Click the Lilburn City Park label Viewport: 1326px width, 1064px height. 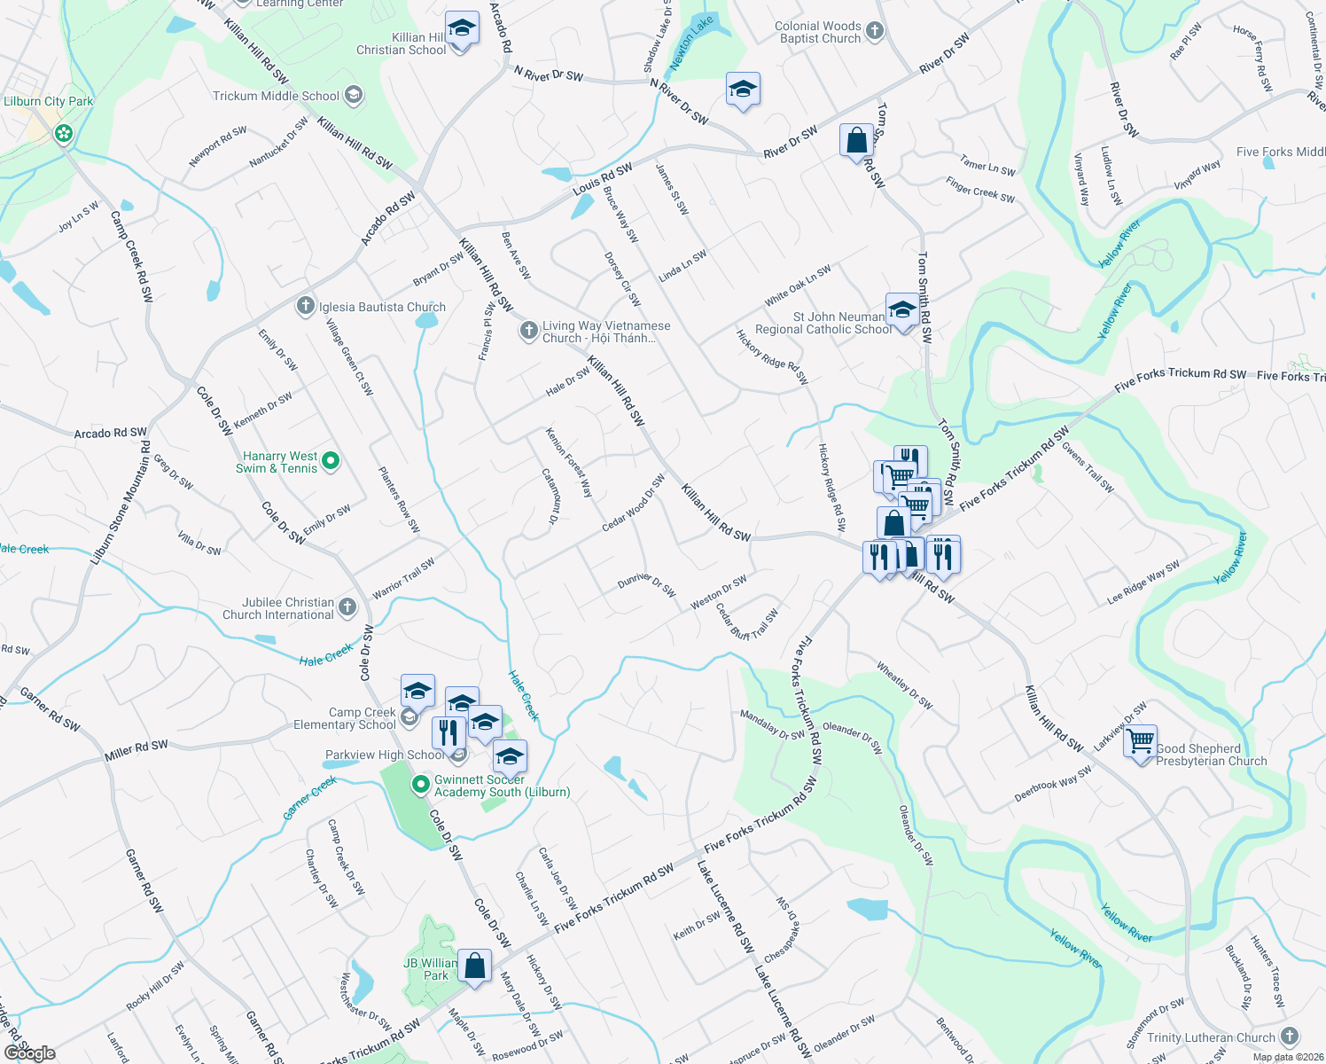49,101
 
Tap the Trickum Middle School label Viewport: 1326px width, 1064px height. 276,96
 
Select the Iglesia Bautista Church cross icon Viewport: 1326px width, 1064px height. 306,307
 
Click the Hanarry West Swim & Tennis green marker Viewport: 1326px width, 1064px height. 331,460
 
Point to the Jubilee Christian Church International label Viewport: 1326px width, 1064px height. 278,608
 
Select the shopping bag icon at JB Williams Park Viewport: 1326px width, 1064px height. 475,966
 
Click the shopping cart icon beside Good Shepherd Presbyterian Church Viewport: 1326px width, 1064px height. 1140,739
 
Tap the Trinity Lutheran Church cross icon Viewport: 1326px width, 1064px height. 1290,1036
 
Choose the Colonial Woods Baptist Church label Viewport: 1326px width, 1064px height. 818,33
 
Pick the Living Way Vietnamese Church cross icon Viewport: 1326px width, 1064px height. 529,331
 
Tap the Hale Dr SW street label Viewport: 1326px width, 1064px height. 567,382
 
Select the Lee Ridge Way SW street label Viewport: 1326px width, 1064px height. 1143,583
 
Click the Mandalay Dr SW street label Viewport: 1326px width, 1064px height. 772,724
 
